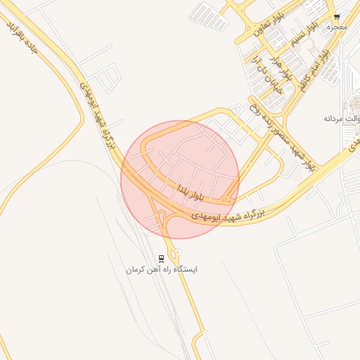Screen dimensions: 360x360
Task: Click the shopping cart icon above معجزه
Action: pos(337,17)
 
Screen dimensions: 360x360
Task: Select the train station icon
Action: pos(162,258)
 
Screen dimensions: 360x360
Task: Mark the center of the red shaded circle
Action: pos(180,179)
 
